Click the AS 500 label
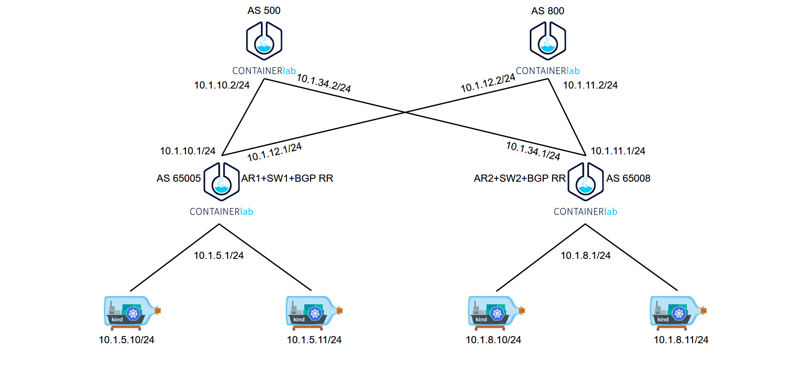[x=264, y=11]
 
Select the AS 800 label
[x=548, y=11]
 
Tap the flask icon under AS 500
[x=264, y=41]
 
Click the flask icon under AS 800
[x=548, y=41]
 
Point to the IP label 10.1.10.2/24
[x=222, y=85]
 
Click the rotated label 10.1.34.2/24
[x=324, y=83]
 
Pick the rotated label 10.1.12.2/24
[x=488, y=83]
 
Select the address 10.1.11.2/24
[x=590, y=85]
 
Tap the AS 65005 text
[x=178, y=178]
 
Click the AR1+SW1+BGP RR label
[x=287, y=178]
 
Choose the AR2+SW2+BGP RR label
[x=519, y=178]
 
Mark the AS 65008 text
[x=628, y=178]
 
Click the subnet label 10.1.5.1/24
[x=219, y=256]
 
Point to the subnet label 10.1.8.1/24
[x=586, y=256]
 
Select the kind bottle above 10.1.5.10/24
[x=132, y=312]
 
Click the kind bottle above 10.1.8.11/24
[x=678, y=312]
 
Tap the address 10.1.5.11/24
[x=314, y=340]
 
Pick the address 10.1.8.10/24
[x=493, y=340]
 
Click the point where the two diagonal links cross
[x=405, y=112]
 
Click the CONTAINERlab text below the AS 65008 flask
[x=586, y=212]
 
